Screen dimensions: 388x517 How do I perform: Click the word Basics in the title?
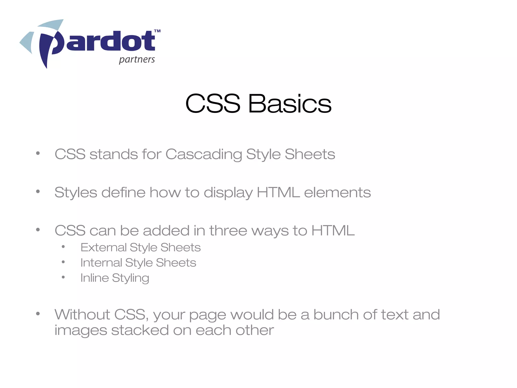click(290, 104)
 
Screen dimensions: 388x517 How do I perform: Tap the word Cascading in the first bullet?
click(203, 154)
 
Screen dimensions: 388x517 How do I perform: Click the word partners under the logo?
click(137, 60)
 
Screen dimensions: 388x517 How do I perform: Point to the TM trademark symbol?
click(157, 31)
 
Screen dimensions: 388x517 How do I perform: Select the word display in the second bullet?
click(228, 193)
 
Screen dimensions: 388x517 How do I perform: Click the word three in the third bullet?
click(228, 231)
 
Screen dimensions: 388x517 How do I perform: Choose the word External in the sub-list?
click(104, 248)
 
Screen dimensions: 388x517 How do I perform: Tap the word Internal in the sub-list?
click(101, 263)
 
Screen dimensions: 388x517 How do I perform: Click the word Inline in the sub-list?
click(95, 278)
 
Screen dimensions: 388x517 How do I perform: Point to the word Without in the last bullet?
click(82, 315)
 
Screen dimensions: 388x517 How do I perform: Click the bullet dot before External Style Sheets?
click(63, 247)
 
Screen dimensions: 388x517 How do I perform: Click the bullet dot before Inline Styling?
click(63, 277)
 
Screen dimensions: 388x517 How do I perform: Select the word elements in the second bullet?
click(338, 193)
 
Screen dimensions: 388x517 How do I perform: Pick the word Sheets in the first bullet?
click(310, 154)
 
